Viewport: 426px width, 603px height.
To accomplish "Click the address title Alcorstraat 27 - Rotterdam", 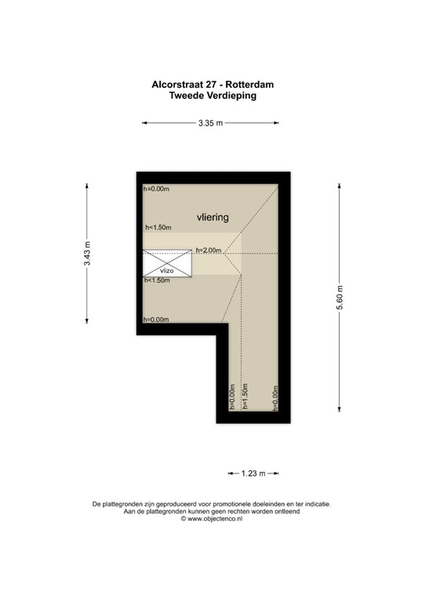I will (x=213, y=83).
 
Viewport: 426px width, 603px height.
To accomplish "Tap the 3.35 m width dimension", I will (x=210, y=123).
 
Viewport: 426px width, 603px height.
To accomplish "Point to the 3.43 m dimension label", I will (x=87, y=252).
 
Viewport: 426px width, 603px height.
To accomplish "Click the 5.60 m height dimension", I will (x=340, y=296).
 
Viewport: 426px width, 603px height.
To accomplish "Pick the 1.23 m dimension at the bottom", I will (x=253, y=473).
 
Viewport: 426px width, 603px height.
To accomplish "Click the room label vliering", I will (x=212, y=216).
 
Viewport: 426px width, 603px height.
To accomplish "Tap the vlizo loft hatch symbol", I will (x=167, y=264).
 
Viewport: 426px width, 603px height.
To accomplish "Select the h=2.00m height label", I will (x=209, y=250).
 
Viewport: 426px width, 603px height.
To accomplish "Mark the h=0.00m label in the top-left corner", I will (x=155, y=189).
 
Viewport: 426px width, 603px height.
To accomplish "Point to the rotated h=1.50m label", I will (x=246, y=397).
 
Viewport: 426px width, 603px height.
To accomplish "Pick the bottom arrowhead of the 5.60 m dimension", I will (x=339, y=407).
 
